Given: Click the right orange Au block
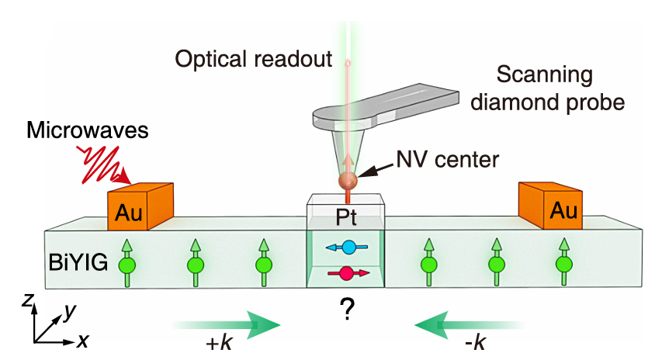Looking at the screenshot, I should (x=553, y=206).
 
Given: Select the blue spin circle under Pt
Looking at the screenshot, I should (x=348, y=248).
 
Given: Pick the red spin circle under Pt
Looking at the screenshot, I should (x=346, y=272).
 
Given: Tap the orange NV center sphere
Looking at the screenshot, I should (x=347, y=182).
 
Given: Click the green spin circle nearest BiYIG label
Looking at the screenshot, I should (x=126, y=264).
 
